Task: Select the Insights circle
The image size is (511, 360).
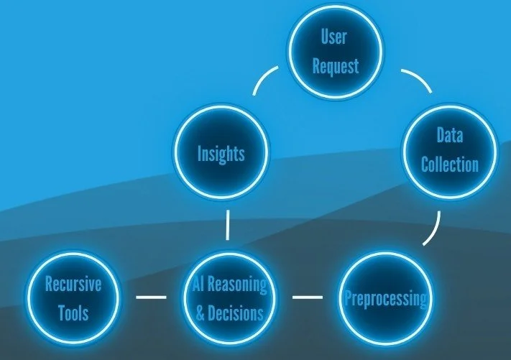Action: point(221,153)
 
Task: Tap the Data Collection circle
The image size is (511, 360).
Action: point(449,150)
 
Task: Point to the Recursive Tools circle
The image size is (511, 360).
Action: point(73,297)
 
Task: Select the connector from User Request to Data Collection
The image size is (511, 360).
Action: point(417,80)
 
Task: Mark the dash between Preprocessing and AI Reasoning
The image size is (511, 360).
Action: point(308,296)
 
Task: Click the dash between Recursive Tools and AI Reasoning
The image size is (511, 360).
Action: point(151,296)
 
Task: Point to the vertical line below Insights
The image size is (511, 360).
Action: point(228,225)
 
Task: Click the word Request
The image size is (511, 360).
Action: point(336,67)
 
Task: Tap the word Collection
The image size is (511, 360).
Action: point(449,165)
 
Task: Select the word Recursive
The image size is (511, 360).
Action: point(73,283)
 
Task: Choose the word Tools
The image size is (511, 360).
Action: point(73,313)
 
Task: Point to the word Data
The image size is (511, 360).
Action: point(449,135)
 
